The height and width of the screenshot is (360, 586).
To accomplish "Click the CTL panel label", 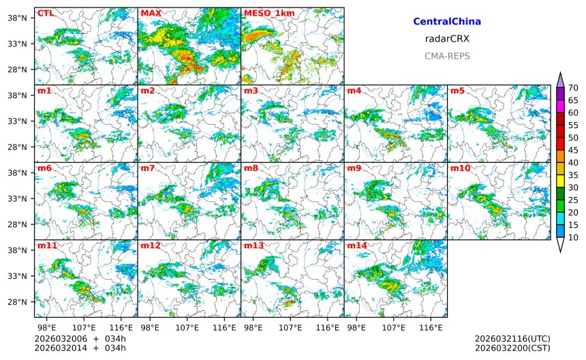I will (x=46, y=13).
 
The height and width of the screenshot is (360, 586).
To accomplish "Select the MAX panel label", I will (x=151, y=13).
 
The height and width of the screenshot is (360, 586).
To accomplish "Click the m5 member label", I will (x=457, y=91).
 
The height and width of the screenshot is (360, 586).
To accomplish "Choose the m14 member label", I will (x=356, y=245).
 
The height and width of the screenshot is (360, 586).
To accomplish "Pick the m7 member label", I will (x=148, y=168).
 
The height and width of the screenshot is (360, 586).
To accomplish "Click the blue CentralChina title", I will (x=447, y=22).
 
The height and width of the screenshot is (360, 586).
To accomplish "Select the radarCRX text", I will (x=447, y=39).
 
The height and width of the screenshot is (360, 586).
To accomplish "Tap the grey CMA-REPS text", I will (x=447, y=56).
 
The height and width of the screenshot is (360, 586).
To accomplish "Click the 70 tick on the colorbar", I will (x=574, y=88).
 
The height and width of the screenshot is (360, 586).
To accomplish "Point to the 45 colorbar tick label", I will (x=574, y=150).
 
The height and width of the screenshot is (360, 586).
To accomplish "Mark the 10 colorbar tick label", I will (x=574, y=237).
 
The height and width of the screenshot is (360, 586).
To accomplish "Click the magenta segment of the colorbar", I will (x=561, y=106).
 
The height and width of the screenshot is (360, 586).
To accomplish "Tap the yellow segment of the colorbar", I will (x=561, y=181).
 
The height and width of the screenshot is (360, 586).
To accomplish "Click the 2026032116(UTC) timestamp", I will (x=512, y=339).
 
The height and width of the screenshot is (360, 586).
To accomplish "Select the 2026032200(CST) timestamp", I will (x=512, y=348).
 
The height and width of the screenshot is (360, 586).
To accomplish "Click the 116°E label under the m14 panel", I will (x=431, y=328).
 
